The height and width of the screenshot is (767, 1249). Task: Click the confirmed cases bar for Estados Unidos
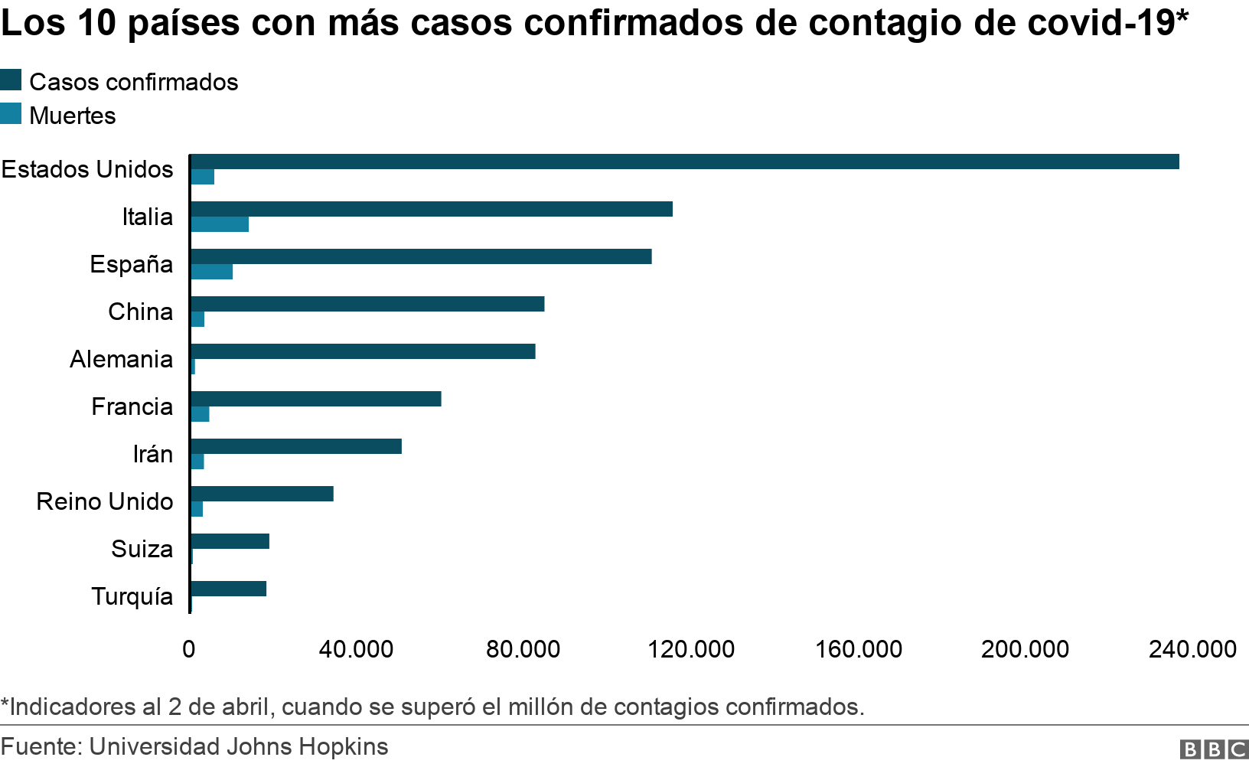(x=684, y=162)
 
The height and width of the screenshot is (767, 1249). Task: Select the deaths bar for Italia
(x=220, y=224)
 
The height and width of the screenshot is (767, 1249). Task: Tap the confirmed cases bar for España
(x=421, y=256)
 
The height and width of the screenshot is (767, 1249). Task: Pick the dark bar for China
(x=367, y=304)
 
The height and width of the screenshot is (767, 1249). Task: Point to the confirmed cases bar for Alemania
(x=363, y=351)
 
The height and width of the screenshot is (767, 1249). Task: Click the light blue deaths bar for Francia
(x=201, y=414)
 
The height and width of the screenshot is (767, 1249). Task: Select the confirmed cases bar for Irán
(x=296, y=446)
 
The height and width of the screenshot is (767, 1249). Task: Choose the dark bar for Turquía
(x=228, y=589)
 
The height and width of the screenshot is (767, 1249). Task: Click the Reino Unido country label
(x=105, y=501)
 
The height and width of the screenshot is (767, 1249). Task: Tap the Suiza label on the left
(x=142, y=549)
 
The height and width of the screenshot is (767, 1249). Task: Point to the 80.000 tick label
(x=523, y=649)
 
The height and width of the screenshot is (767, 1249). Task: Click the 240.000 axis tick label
(x=1192, y=649)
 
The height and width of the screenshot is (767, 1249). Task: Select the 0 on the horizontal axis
(x=189, y=649)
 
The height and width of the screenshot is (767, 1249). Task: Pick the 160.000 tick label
(x=858, y=649)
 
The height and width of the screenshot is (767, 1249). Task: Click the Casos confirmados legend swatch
(x=11, y=80)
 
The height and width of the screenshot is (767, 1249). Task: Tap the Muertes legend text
(x=73, y=116)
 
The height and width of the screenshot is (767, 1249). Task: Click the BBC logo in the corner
(x=1214, y=749)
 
